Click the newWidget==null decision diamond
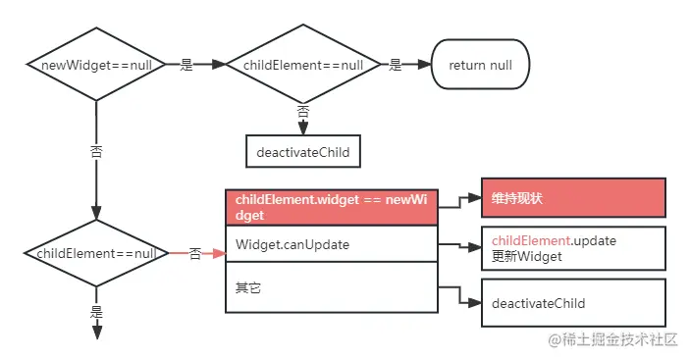(95, 65)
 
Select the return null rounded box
(480, 65)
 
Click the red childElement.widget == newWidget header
(332, 207)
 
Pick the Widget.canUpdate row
(332, 243)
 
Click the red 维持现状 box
(572, 198)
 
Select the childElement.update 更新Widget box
(572, 249)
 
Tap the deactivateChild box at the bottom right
(572, 303)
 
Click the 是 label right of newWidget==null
(186, 65)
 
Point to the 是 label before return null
(396, 65)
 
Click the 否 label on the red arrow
(194, 253)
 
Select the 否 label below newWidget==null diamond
(95, 153)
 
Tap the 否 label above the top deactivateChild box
(302, 112)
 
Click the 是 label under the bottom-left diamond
(96, 311)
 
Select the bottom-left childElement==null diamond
(95, 253)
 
